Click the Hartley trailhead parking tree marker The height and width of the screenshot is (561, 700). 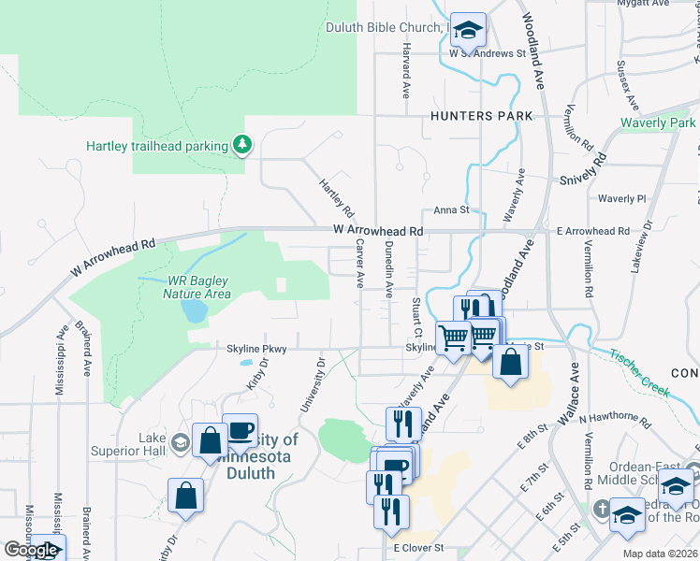242,145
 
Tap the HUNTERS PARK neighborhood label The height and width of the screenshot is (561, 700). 482,116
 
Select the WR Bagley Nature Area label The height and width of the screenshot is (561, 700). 198,287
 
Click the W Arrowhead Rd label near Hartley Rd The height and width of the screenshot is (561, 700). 378,230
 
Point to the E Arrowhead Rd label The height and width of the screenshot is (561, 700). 592,230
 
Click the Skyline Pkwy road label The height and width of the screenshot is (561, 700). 255,348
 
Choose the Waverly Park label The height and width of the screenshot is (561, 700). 658,123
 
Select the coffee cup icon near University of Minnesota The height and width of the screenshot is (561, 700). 241,430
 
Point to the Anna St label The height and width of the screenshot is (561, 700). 450,211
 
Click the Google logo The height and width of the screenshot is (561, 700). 31,550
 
